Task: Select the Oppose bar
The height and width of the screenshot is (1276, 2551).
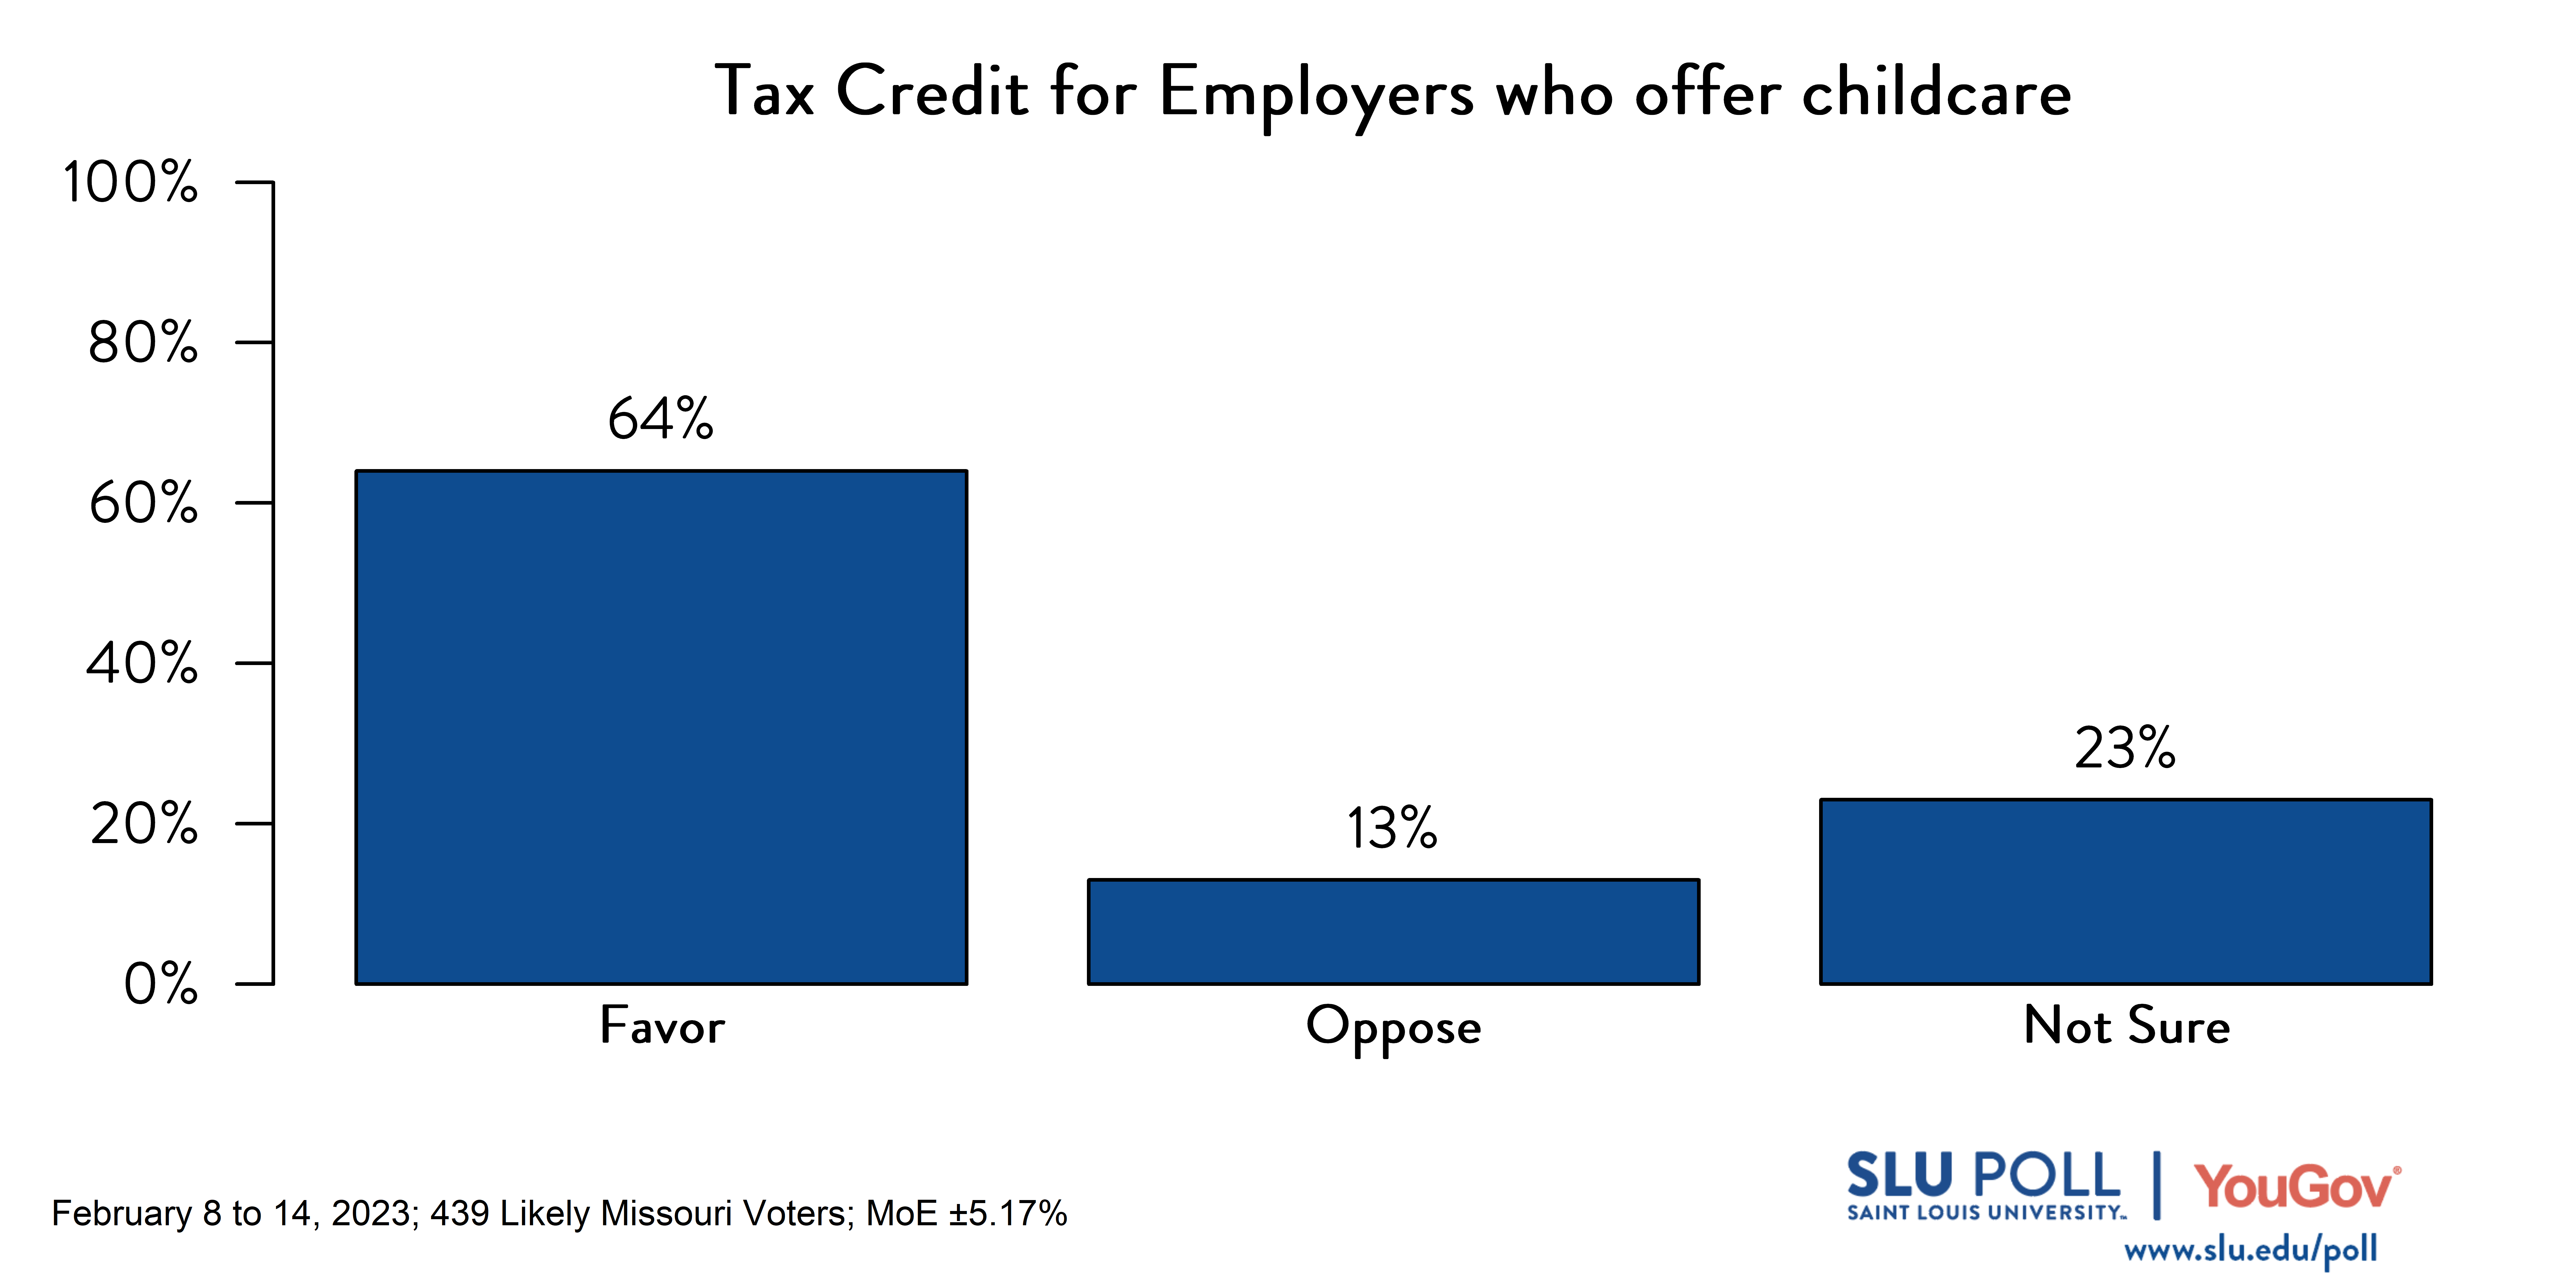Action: coord(1393,931)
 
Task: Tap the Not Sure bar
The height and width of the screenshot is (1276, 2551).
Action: coord(2125,892)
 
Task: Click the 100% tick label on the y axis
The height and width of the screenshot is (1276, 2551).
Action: coord(130,182)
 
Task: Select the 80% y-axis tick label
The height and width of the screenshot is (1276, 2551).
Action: coord(143,343)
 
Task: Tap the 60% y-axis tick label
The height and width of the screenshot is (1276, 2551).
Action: coord(143,503)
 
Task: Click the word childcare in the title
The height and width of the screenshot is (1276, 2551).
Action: coord(1936,92)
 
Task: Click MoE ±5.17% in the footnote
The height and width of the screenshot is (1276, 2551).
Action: coord(965,1214)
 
